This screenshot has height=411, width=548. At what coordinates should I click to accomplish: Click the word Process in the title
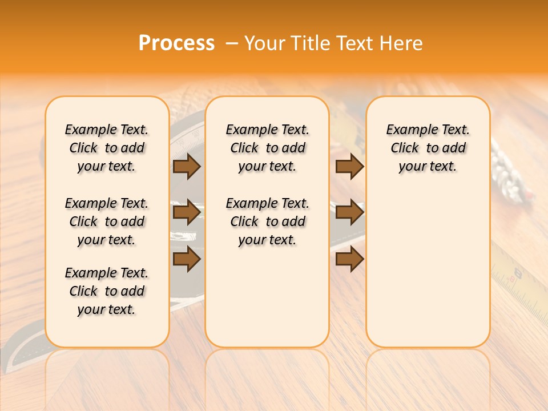(176, 43)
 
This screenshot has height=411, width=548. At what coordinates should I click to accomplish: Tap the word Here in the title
(402, 43)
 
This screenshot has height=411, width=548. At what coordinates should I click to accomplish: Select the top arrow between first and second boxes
(187, 166)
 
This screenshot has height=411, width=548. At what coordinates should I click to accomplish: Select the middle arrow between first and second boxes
(187, 212)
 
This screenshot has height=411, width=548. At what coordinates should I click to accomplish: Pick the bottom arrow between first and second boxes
(187, 259)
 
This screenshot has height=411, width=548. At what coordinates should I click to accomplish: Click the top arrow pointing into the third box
(349, 166)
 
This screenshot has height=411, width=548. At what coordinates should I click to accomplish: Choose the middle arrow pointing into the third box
(349, 212)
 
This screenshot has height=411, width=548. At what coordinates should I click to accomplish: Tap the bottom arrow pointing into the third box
(349, 259)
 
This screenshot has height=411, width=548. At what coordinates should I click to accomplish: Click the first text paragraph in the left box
(107, 148)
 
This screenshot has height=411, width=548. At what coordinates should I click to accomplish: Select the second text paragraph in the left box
(107, 221)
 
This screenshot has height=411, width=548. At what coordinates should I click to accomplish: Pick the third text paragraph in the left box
(107, 291)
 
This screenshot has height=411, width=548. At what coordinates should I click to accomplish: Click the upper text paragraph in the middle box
(267, 148)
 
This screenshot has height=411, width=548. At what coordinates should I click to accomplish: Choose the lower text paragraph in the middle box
(267, 221)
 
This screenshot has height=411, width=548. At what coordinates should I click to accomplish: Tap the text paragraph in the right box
(428, 148)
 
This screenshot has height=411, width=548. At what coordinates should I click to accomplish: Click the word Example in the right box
(407, 130)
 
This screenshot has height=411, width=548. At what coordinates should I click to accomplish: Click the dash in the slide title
(232, 43)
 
